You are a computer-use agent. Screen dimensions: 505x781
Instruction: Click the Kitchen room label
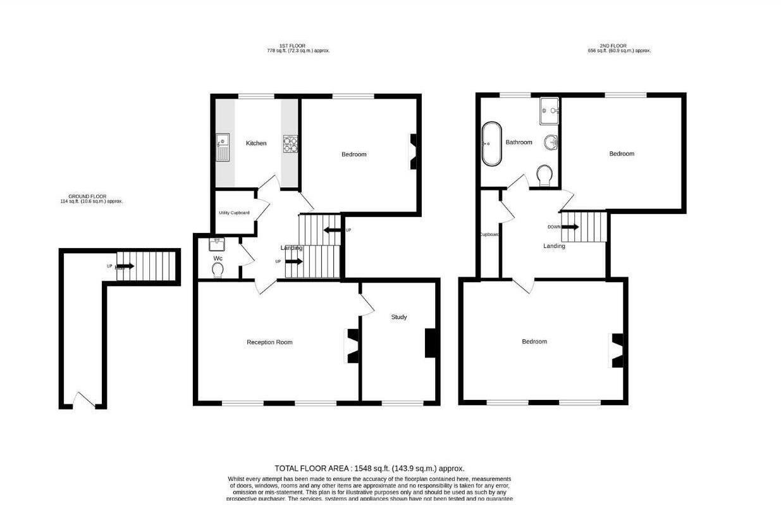256,144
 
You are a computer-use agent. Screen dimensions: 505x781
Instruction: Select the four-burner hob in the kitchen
290,144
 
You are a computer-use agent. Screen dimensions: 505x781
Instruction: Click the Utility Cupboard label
234,213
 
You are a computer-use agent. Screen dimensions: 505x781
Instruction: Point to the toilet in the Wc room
218,270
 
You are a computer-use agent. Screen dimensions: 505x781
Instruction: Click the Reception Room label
269,342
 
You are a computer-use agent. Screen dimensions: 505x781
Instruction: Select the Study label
398,317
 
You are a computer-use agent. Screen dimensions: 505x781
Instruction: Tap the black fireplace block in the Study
431,343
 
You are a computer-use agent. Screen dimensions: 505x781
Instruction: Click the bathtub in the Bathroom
491,144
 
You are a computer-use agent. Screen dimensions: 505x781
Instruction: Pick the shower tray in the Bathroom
550,111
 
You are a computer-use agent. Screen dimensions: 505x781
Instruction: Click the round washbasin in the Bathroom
551,143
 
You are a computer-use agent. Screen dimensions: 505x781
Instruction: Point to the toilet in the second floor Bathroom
544,175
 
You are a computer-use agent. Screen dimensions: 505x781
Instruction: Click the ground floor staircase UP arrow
124,266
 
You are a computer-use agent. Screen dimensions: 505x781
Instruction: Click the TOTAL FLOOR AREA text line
369,468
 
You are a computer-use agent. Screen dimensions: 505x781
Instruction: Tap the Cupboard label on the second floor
489,235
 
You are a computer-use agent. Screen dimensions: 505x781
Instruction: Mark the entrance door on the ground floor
85,401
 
